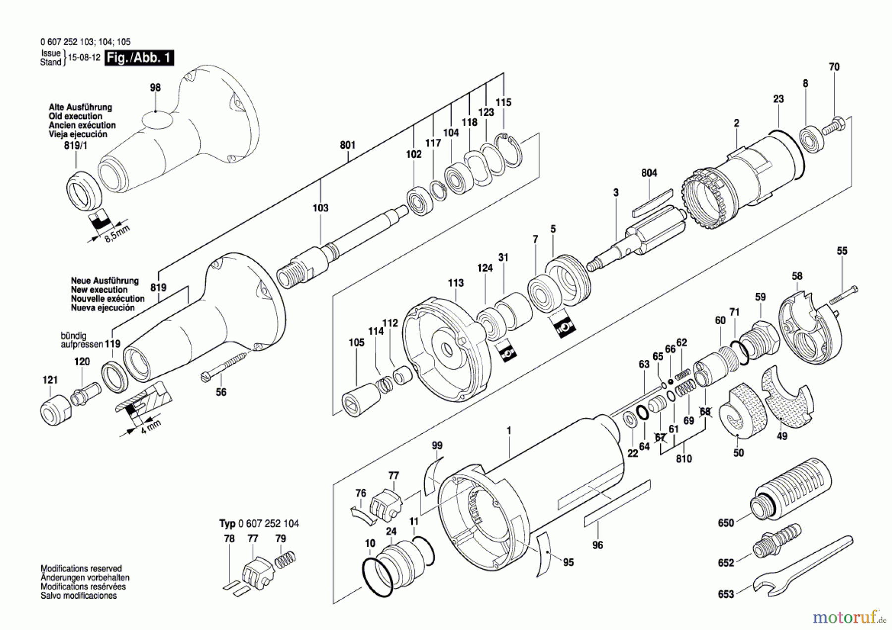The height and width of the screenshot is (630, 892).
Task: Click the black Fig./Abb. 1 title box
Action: coord(139,58)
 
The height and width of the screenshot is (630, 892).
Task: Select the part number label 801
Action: coord(347,145)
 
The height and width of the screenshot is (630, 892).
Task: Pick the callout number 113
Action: coord(455,283)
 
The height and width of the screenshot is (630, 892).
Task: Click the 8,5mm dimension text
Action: coord(117,233)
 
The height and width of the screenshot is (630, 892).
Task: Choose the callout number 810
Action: coord(684,459)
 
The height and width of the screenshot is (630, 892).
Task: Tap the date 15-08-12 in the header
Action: coord(84,57)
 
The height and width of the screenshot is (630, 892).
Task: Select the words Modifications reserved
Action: coord(81,569)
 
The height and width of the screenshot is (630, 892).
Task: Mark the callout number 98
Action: coord(155,88)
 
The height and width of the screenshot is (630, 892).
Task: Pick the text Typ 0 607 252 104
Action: coord(259,523)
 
